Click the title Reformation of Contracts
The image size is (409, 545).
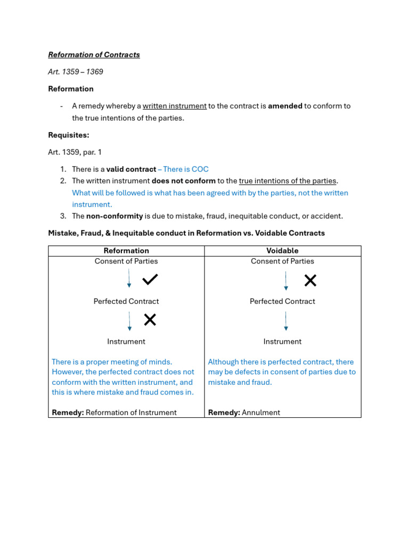pos(94,55)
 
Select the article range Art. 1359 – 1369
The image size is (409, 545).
pos(76,72)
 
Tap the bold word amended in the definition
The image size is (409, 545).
pos(285,106)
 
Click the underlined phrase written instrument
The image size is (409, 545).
pos(174,106)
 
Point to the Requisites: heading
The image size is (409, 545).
pos(69,135)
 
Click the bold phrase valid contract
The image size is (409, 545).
pos(131,169)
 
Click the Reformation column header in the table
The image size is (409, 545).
pos(126,251)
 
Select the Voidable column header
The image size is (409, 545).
pos(282,251)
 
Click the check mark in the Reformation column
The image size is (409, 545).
pos(150,279)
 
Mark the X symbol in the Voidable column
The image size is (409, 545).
pos(310,280)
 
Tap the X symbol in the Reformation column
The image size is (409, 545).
pos(150,320)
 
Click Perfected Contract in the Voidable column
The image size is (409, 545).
pos(282,301)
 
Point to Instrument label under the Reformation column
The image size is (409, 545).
pos(126,342)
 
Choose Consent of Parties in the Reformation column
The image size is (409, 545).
pos(126,261)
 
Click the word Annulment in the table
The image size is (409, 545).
pos(260,412)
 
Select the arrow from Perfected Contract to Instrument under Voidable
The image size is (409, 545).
pos(286,321)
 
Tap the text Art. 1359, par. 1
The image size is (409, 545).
pos(75,152)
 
